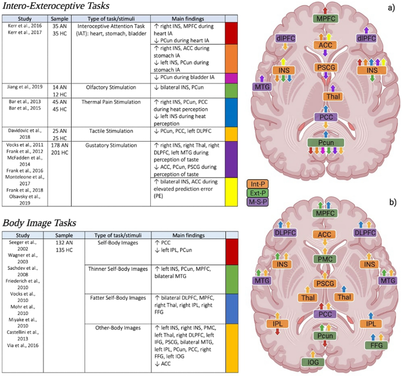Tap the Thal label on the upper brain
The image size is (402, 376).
tap(331, 96)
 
